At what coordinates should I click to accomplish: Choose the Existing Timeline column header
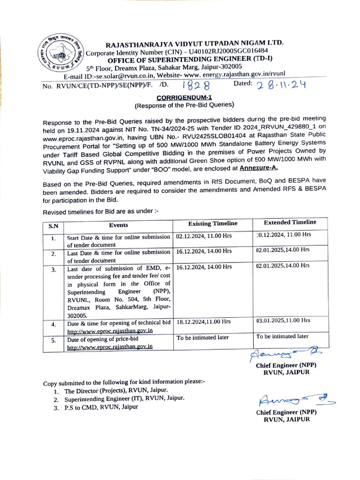click(213, 224)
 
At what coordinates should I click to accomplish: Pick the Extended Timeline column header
click(290, 222)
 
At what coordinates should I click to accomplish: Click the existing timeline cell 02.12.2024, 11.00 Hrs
click(204, 236)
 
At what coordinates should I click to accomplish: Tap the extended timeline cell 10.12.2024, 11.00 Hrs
click(284, 234)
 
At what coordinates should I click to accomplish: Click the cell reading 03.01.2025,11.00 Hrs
click(283, 321)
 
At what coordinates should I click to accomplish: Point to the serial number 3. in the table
click(54, 270)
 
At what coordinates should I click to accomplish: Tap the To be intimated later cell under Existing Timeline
click(202, 337)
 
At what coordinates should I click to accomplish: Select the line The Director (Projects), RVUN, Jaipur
click(116, 390)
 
